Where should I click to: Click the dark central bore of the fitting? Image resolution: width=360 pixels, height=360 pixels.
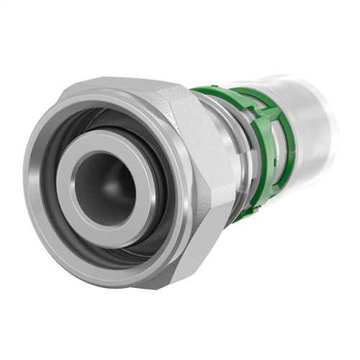click(101, 189)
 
